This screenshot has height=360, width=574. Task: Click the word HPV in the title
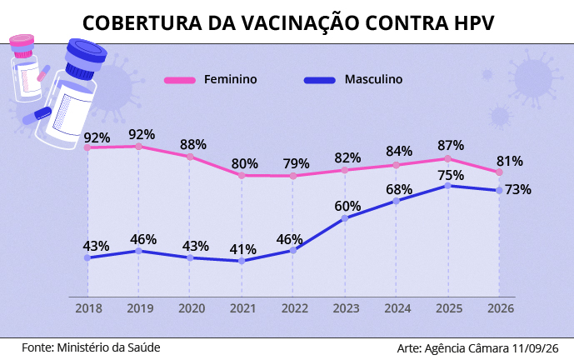474,22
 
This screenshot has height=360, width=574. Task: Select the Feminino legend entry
211,79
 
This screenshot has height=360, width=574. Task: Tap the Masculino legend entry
353,79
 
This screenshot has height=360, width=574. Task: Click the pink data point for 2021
242,176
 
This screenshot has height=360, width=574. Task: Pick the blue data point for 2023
345,218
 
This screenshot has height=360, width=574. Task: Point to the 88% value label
193,145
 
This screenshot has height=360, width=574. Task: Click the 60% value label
347,206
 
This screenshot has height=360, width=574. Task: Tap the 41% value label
242,249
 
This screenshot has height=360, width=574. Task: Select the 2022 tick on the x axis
295,308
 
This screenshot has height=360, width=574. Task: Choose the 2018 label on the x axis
88,308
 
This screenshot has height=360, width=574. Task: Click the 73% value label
518,190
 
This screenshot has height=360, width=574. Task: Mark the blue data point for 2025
447,186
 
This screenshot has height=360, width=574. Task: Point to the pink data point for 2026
499,172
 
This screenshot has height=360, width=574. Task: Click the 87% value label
451,145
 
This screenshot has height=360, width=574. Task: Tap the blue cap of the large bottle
86,56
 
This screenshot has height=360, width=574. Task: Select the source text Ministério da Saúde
108,347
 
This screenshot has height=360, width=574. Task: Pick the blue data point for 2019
139,251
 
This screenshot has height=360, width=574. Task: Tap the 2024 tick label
397,308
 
